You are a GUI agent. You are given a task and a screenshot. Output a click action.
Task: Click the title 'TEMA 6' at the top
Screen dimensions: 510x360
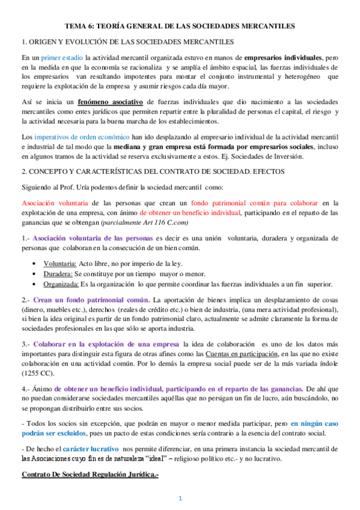point(81,26)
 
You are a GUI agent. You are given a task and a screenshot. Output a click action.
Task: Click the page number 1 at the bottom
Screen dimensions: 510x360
point(179,498)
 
